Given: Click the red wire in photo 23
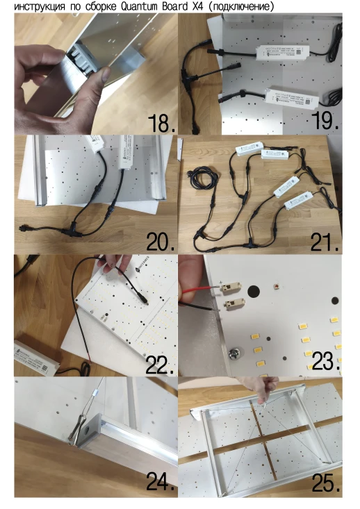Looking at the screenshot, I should click(201, 290).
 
